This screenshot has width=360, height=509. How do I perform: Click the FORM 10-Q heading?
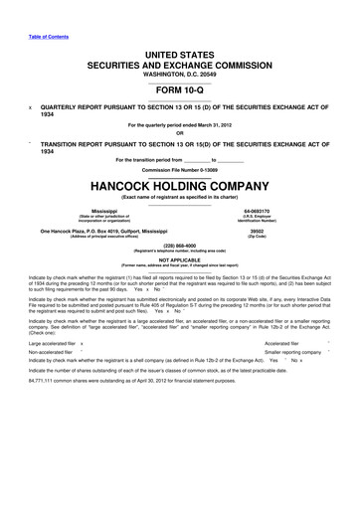[x=180, y=87]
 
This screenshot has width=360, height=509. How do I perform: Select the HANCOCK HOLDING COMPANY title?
[x=180, y=186]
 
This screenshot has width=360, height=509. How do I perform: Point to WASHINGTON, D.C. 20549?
[x=180, y=73]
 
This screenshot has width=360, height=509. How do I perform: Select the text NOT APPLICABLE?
[x=180, y=260]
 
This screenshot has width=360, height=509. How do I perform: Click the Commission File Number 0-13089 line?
[x=180, y=168]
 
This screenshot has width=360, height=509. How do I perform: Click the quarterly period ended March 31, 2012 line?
[x=180, y=124]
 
